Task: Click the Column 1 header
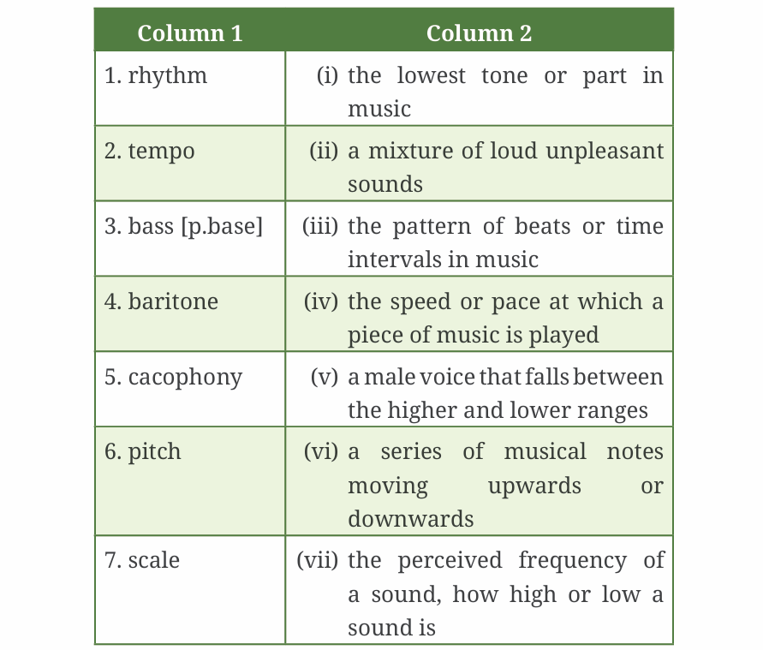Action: pyautogui.click(x=189, y=33)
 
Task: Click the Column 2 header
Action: pyautogui.click(x=479, y=33)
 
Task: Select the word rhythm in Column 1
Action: pyautogui.click(x=168, y=75)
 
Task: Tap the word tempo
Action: pyautogui.click(x=162, y=151)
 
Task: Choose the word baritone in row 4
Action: pyautogui.click(x=173, y=301)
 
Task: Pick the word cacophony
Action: pyautogui.click(x=185, y=377)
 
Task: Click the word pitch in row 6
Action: pyautogui.click(x=155, y=452)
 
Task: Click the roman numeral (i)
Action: pyautogui.click(x=327, y=75)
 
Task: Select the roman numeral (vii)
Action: pyautogui.click(x=317, y=560)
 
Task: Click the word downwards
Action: pyautogui.click(x=410, y=519)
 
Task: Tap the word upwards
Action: pyautogui.click(x=534, y=486)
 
